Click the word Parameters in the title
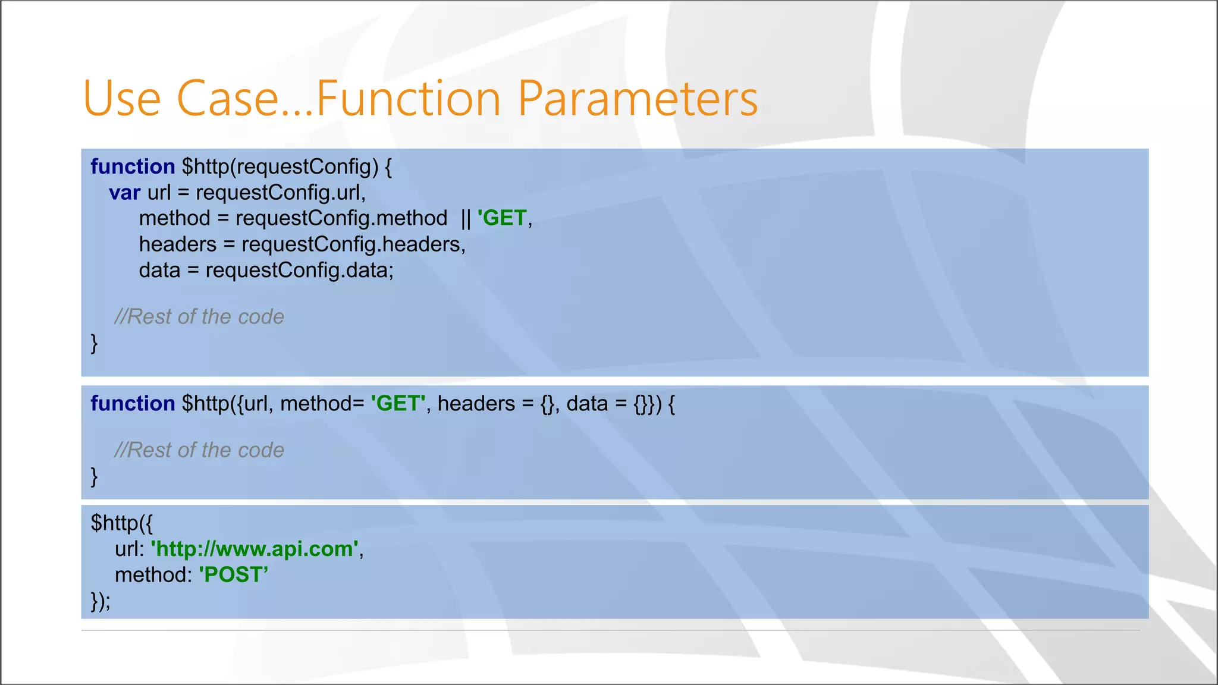tap(638, 98)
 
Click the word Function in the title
tap(409, 98)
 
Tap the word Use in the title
tap(122, 98)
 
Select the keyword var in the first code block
tap(124, 193)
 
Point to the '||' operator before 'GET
tap(465, 219)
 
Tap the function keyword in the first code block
tap(133, 166)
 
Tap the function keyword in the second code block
tap(133, 404)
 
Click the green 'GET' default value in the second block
tap(398, 404)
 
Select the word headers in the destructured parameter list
tap(476, 404)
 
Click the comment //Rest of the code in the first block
tap(199, 317)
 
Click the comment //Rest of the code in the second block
tap(199, 450)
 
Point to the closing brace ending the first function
tap(94, 343)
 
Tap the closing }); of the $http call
tap(101, 601)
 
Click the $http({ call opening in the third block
tap(121, 523)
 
